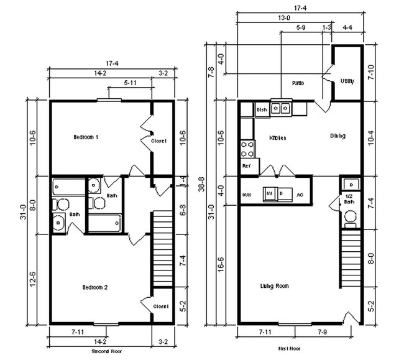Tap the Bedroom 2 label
pyautogui.click(x=96, y=287)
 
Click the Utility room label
pyautogui.click(x=348, y=81)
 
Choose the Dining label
pyautogui.click(x=337, y=136)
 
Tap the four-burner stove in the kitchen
pyautogui.click(x=247, y=148)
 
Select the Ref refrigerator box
pyautogui.click(x=246, y=167)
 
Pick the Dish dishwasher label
pyautogui.click(x=262, y=110)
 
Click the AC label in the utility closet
pyautogui.click(x=300, y=195)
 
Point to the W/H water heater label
pyautogui.click(x=246, y=195)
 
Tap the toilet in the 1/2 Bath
pyautogui.click(x=349, y=216)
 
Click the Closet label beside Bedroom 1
pyautogui.click(x=158, y=141)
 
